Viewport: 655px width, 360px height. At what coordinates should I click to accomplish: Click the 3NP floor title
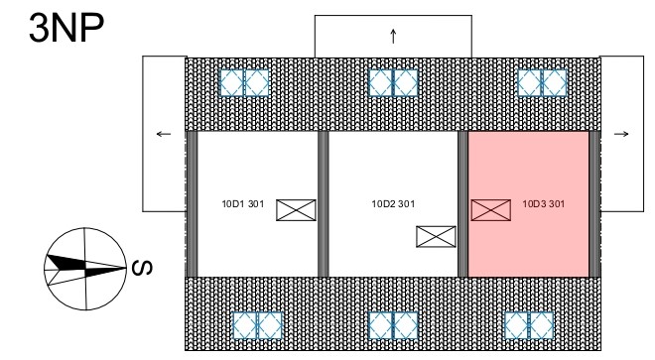[66, 28]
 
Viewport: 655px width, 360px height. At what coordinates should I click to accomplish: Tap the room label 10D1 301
[243, 204]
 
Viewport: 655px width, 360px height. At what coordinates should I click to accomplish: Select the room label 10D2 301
[393, 204]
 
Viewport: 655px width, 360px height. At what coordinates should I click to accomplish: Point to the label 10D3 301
[544, 204]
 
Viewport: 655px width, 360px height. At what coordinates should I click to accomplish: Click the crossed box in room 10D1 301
[296, 210]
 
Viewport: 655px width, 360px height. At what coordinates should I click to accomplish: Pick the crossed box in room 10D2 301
[436, 236]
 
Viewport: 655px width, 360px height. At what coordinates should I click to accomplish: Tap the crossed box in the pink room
[491, 210]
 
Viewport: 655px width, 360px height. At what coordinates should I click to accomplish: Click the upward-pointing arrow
[393, 36]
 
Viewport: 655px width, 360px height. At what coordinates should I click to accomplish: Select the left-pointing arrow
[164, 134]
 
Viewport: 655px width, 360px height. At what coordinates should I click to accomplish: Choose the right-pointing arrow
[621, 134]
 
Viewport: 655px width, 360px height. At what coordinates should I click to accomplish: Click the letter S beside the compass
[142, 268]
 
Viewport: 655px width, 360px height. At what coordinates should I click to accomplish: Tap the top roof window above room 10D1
[244, 82]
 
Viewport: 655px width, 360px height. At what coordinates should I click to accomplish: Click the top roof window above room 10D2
[393, 82]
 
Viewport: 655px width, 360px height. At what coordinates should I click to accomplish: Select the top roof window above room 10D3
[542, 82]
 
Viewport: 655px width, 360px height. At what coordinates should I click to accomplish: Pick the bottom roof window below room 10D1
[257, 325]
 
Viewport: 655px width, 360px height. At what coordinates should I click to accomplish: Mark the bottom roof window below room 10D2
[393, 325]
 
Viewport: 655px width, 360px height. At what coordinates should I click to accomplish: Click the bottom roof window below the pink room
[529, 325]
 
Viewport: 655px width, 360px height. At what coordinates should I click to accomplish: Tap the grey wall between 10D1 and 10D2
[324, 204]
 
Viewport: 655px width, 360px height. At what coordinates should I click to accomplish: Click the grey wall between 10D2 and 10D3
[462, 204]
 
